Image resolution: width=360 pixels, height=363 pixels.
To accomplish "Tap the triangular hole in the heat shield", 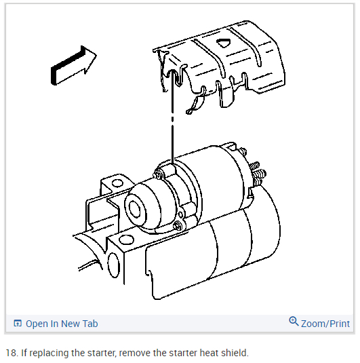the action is (224, 43).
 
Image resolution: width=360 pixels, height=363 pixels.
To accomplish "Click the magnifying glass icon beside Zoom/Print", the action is (294, 322).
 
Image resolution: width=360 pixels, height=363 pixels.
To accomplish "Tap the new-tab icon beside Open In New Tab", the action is (18, 323).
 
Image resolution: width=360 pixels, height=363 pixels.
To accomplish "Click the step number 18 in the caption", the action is (11, 353).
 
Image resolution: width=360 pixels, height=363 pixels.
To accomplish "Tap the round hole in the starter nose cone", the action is (135, 208).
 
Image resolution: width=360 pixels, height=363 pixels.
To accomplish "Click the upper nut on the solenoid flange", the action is (157, 174).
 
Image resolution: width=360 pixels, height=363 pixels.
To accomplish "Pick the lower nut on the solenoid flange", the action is (178, 225).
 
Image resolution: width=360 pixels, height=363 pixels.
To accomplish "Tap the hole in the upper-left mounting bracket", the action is (117, 183).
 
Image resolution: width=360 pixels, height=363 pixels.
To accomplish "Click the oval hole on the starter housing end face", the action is (114, 265).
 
